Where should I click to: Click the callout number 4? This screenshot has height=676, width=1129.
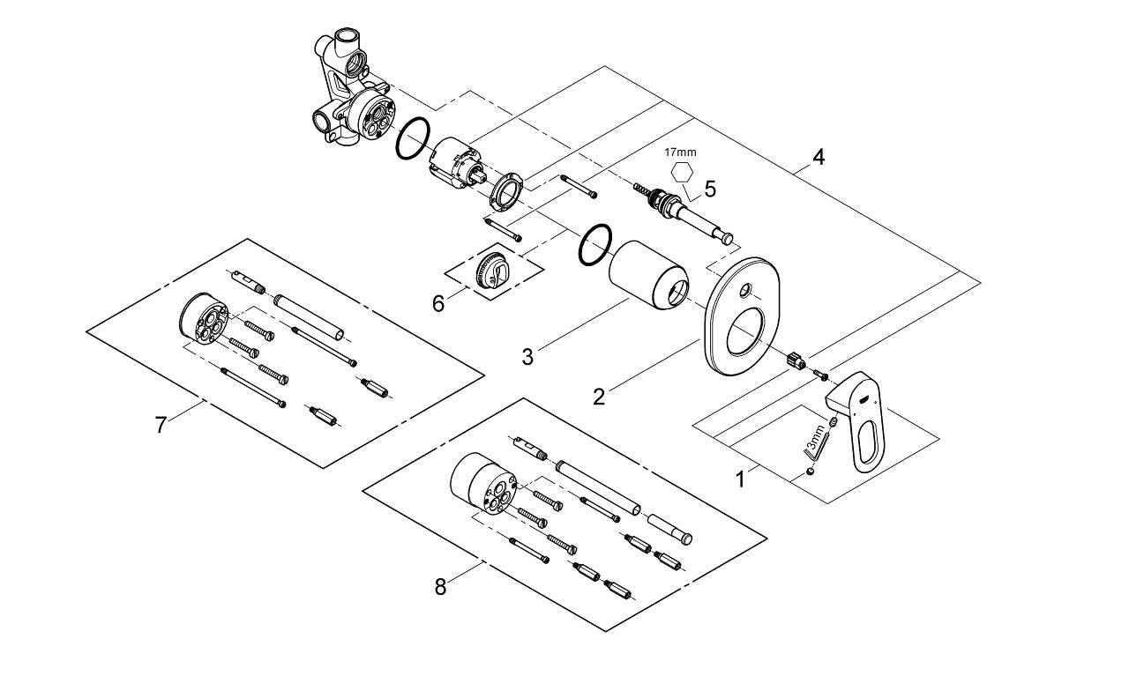coord(819,158)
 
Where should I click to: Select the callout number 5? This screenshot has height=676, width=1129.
coord(710,189)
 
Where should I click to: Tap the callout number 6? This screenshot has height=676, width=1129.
coord(438,302)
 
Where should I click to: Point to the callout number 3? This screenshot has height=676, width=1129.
coord(527,356)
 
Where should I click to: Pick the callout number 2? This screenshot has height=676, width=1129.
coord(599,397)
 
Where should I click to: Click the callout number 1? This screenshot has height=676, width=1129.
coord(740,479)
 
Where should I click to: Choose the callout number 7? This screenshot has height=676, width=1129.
coord(160,425)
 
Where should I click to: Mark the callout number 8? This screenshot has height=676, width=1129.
coord(440,586)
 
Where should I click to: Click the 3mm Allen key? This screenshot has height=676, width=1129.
coord(813,446)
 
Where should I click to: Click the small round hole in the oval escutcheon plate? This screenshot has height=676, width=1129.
coord(746,290)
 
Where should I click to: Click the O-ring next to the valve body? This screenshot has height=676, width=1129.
coord(412,139)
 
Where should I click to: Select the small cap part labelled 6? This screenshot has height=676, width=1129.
coord(490,269)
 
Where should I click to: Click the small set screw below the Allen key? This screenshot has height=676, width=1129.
coord(810,472)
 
